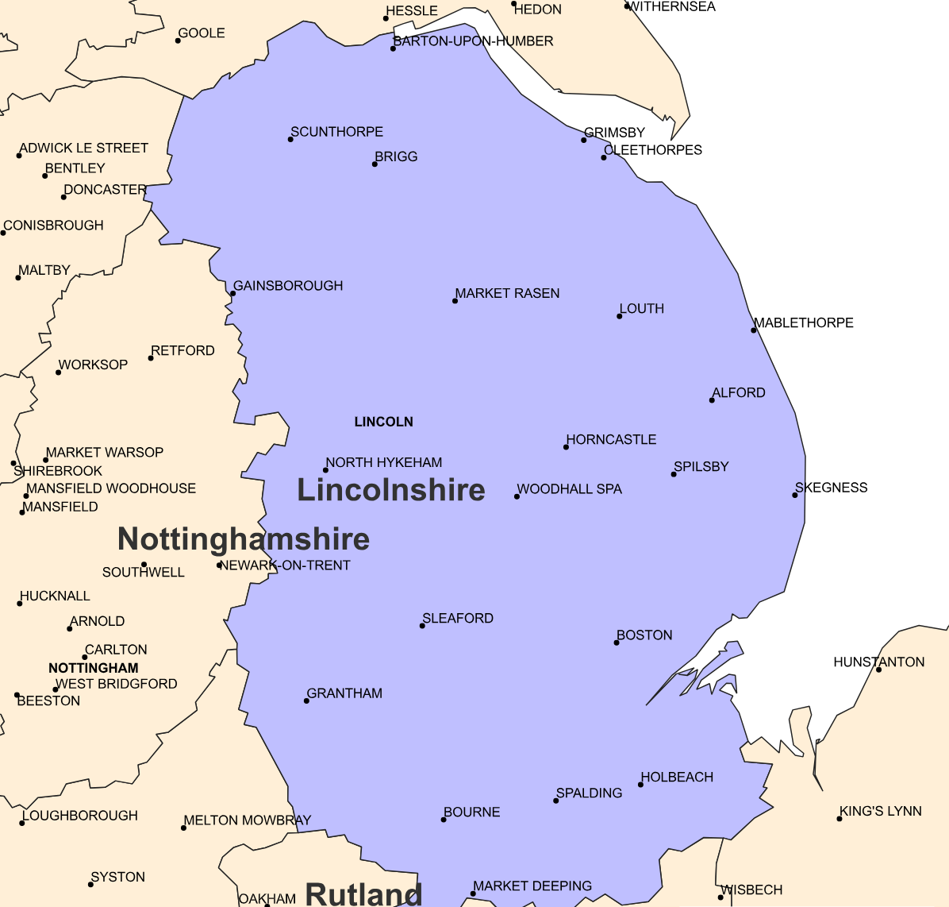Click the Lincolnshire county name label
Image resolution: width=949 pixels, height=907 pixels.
point(390,490)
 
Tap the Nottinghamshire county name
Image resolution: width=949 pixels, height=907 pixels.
point(244,539)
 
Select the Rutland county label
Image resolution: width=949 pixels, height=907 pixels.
point(363,894)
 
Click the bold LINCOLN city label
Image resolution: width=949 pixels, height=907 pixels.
point(383,422)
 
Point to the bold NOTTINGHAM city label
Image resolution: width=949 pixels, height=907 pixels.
point(94,668)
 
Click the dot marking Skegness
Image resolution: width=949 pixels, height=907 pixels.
point(794,496)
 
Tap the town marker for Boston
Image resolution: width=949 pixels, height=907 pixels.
point(617,643)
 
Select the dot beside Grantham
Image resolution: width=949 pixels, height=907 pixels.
point(306,701)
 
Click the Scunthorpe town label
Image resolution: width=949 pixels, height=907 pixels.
point(336,132)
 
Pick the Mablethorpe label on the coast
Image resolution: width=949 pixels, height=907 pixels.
point(803,322)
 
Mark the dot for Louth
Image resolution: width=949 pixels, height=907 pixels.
point(620,316)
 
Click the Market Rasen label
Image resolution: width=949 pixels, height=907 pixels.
point(507,294)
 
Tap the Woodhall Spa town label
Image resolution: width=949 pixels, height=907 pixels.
point(569,489)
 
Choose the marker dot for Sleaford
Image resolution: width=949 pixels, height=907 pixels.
point(422,626)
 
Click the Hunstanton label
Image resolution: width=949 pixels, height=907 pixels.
point(878,662)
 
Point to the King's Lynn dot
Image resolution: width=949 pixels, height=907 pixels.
point(839,819)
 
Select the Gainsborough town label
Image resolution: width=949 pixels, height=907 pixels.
point(288,286)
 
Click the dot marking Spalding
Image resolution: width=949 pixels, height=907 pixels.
point(556,801)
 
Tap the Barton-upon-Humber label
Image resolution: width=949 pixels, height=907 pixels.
point(473,41)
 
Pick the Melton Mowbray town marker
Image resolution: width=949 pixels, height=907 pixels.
point(183,828)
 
